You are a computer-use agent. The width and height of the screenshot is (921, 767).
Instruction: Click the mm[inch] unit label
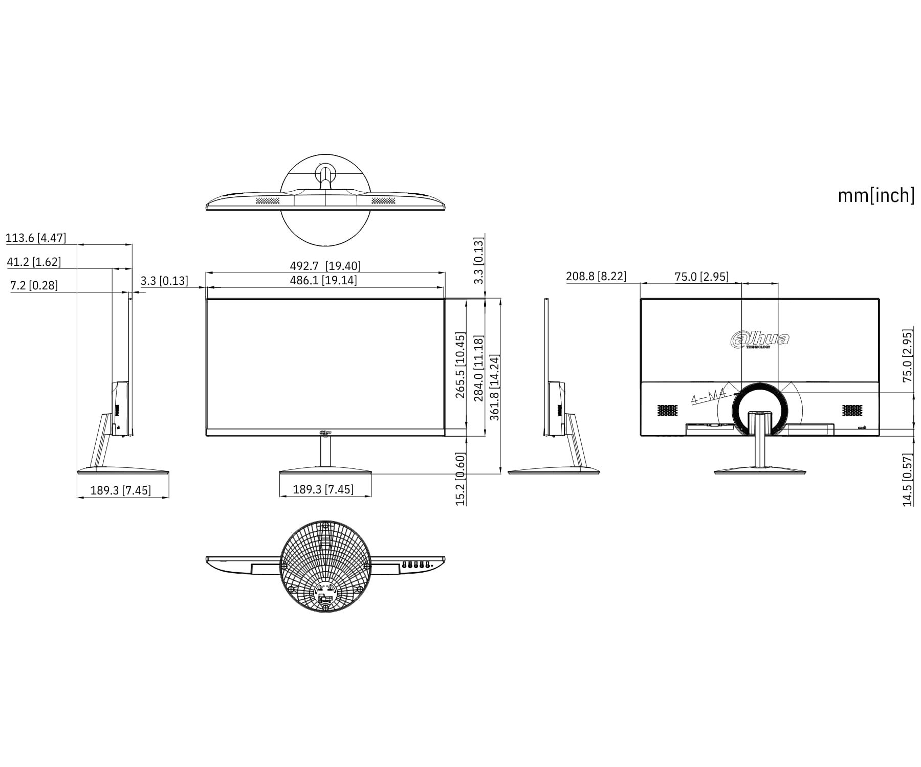[876, 195]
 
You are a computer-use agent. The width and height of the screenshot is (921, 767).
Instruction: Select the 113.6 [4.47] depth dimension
[36, 238]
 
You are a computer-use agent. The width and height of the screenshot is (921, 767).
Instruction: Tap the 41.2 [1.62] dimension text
[34, 262]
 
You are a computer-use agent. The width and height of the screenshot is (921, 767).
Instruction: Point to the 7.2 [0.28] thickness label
[34, 285]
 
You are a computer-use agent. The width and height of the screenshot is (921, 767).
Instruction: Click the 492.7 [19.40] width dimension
[325, 266]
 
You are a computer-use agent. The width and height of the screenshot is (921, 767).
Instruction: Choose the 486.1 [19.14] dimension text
[323, 280]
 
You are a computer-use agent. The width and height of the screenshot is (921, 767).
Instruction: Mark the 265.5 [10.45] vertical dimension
[461, 365]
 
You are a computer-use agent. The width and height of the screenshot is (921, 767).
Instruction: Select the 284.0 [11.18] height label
[478, 369]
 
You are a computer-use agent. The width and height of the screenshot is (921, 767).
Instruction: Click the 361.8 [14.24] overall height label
[494, 388]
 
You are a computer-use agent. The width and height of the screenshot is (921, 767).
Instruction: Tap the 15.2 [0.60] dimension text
[461, 479]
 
